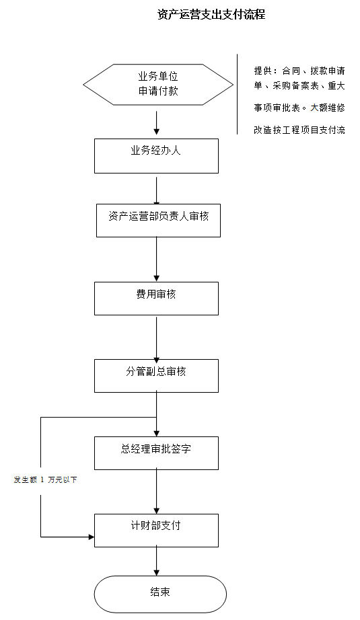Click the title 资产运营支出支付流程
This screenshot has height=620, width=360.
(211, 15)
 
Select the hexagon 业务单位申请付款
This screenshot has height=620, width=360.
(158, 85)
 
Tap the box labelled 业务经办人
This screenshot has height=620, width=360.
(156, 156)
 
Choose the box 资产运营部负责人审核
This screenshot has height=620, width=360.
(158, 221)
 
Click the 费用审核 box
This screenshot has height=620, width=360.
(156, 298)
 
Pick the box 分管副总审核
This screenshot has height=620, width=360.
(156, 376)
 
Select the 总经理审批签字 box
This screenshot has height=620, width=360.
(156, 453)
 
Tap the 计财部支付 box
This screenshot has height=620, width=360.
(156, 531)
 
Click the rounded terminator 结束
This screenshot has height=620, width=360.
(160, 594)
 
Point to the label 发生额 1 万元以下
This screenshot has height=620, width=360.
(45, 479)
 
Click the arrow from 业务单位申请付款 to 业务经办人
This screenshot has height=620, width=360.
(157, 123)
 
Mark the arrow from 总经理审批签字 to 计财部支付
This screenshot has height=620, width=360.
(157, 491)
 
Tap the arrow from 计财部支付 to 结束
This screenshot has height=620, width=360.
(157, 560)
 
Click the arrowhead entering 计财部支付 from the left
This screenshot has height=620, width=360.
(92, 537)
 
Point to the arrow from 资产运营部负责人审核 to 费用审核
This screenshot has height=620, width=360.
(157, 259)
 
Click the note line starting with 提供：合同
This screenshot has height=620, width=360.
(299, 71)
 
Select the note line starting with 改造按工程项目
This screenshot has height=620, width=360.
(299, 130)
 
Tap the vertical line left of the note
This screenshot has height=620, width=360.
(238, 94)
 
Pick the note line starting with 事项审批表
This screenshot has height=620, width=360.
(299, 108)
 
